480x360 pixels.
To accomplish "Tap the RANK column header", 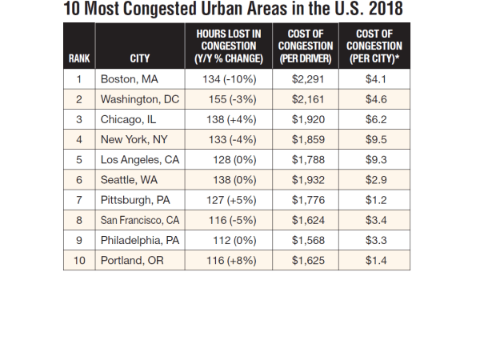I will [79, 58].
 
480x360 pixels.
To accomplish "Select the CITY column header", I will [140, 58].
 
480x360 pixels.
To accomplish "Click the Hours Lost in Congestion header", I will [229, 46].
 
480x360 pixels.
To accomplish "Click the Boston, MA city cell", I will [130, 79].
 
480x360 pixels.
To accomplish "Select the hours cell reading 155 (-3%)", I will [229, 100].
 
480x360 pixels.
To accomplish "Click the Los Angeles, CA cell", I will [139, 159].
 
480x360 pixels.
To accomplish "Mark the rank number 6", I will [79, 180].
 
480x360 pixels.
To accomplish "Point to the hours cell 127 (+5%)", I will [229, 200].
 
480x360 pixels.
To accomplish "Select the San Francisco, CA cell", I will [139, 220].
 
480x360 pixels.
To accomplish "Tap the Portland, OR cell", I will [131, 260].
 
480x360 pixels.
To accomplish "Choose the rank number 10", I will [79, 260].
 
